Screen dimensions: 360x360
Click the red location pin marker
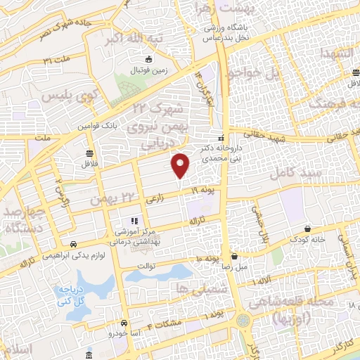tap(181, 165)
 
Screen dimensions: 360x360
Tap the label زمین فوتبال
tap(143, 72)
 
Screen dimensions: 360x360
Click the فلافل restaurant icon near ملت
tap(89, 153)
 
